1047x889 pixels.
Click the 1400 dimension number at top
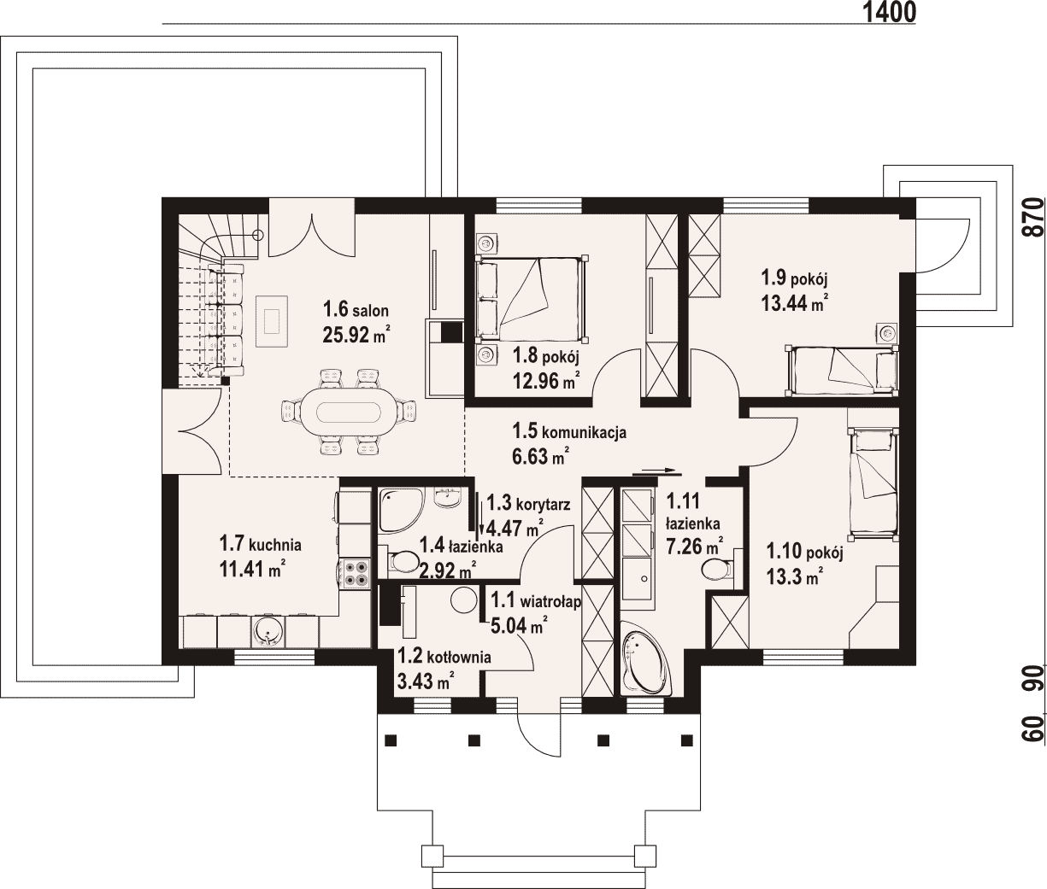(x=889, y=12)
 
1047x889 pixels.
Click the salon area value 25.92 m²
(x=356, y=334)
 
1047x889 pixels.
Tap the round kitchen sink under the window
(x=267, y=631)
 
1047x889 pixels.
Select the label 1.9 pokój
(x=794, y=278)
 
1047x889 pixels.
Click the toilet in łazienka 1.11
(x=718, y=569)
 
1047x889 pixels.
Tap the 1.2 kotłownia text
(x=444, y=657)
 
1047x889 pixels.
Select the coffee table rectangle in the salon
(x=273, y=321)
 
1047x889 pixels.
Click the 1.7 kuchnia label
(x=261, y=545)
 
